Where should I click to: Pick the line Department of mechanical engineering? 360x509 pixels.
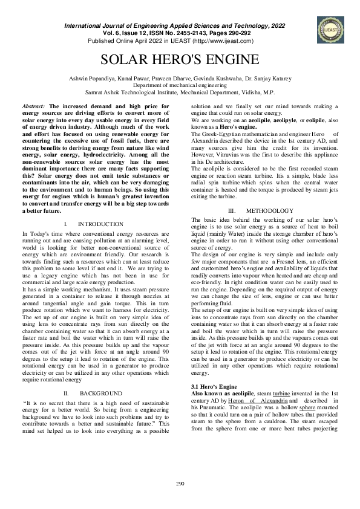point(179,86)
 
